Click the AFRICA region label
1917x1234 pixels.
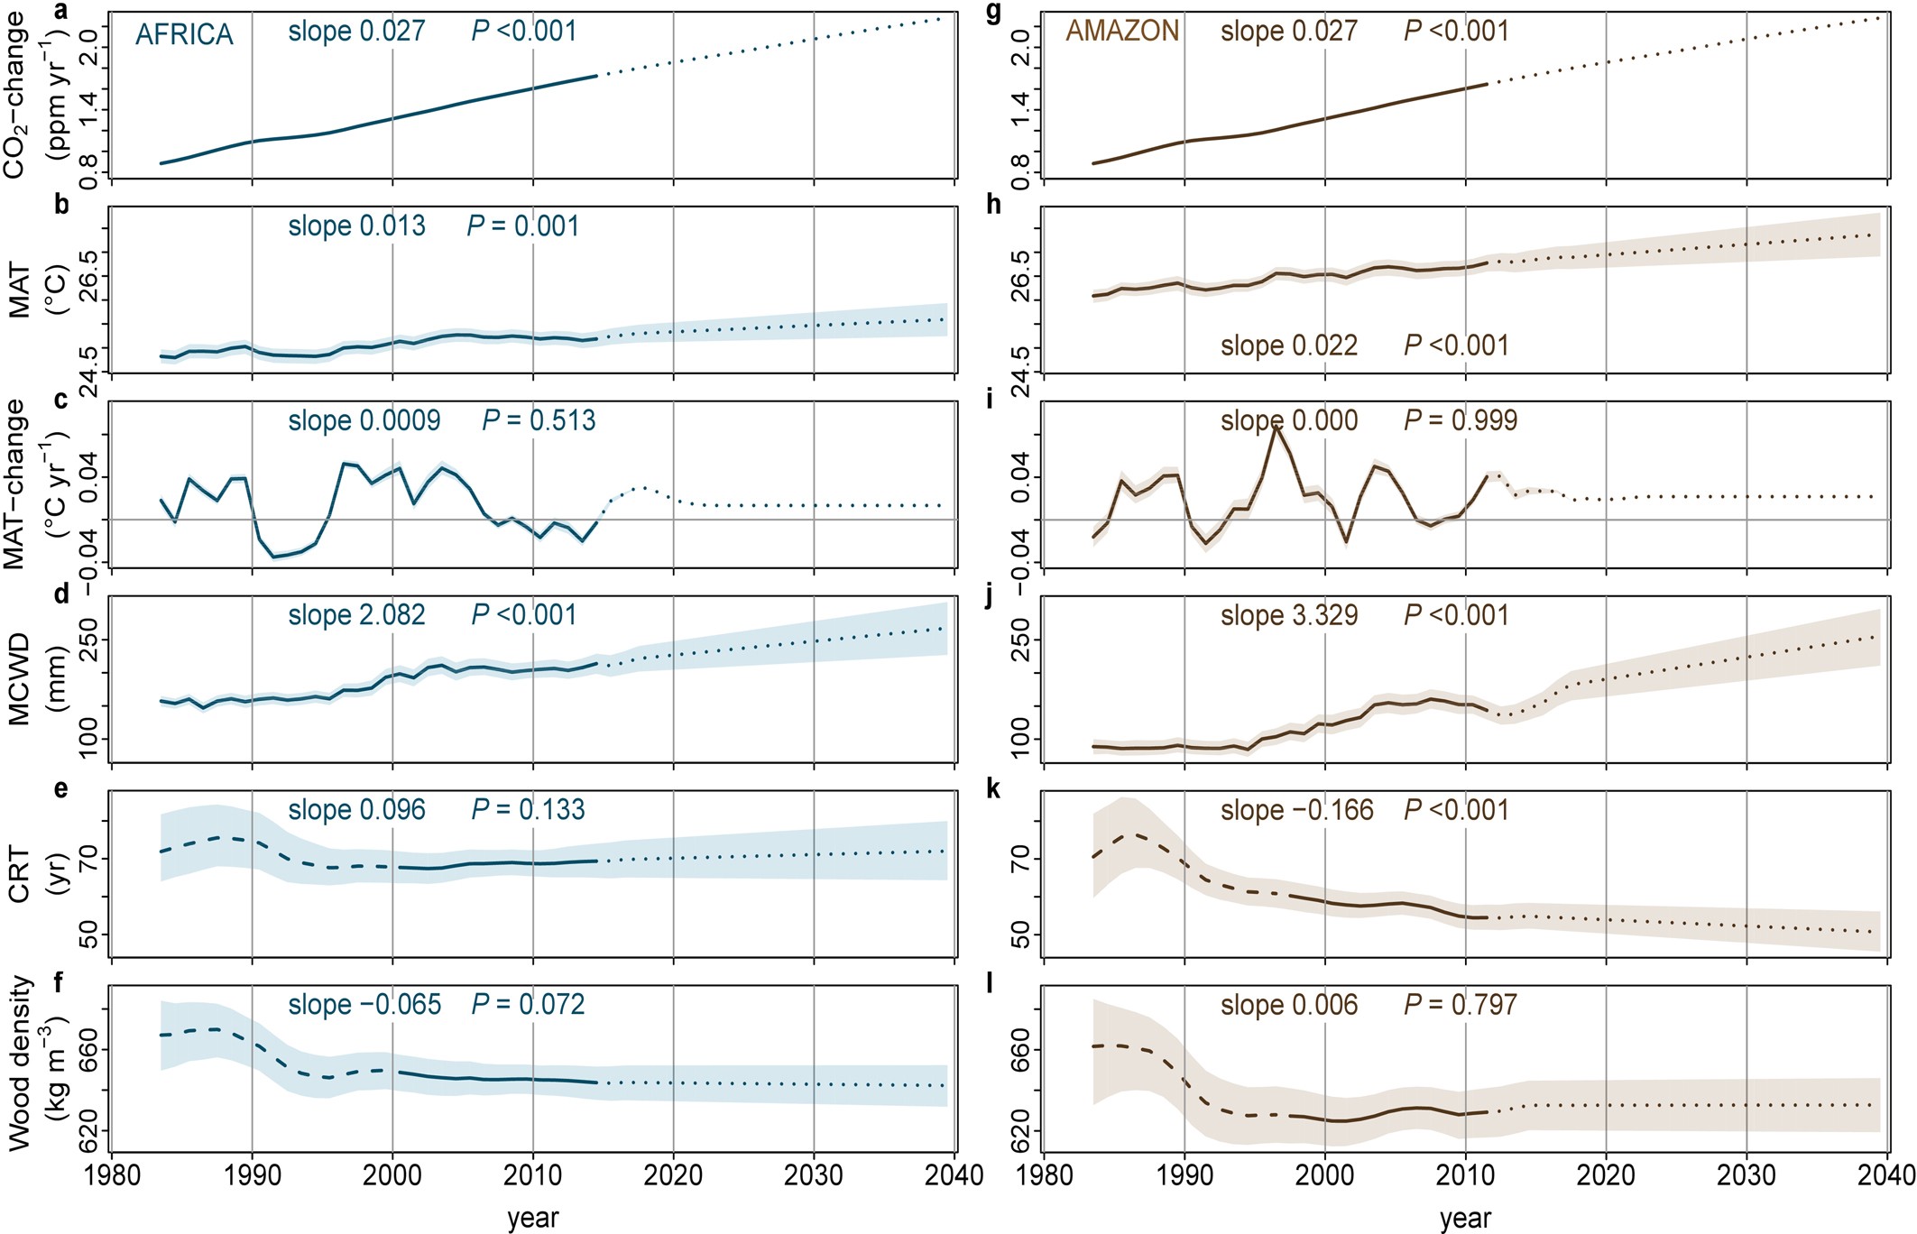coord(184,34)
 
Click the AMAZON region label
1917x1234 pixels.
coord(1122,32)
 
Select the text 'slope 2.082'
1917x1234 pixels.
coord(356,615)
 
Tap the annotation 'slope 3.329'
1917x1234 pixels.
coord(1289,615)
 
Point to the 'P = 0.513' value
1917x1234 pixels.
coord(539,420)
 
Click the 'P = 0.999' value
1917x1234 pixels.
coord(1461,420)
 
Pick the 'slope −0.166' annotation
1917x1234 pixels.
coord(1297,810)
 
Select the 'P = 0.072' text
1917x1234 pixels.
coord(528,1005)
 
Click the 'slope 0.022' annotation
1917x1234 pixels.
coord(1289,345)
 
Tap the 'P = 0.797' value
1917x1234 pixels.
coord(1461,1005)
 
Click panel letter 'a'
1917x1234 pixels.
coord(60,11)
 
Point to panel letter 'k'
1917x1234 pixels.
coord(993,789)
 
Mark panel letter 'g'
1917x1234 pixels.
coord(993,13)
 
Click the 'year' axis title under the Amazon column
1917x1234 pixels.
coord(1465,1219)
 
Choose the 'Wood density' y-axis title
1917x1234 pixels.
coord(20,1064)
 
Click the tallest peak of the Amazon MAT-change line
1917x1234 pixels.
coord(1276,426)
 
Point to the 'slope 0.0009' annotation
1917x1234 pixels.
coord(364,420)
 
